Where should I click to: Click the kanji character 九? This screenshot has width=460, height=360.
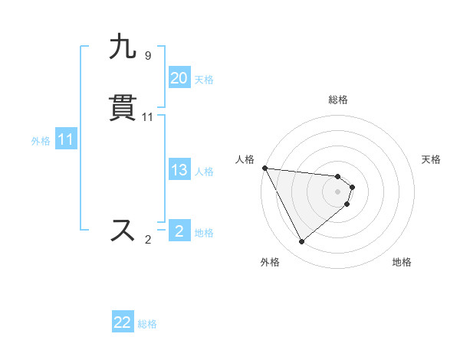coord(123,47)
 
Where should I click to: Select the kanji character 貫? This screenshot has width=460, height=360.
coord(123,108)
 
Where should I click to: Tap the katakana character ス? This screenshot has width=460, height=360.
coord(123,230)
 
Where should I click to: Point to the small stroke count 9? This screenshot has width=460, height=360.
coord(147,56)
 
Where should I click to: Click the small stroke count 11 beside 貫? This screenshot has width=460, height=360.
coord(148,117)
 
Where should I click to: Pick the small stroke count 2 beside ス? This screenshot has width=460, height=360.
coord(148,240)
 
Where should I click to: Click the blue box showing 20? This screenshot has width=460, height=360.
coord(179,78)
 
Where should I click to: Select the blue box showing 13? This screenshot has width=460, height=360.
coord(179,170)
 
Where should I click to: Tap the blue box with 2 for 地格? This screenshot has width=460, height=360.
coord(179,231)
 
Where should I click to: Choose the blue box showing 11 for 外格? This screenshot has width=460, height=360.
coord(66,140)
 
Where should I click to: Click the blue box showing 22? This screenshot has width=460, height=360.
coord(123,323)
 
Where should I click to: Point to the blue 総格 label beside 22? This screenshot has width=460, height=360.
coord(147,324)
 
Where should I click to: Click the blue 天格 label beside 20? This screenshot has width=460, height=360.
coord(204,79)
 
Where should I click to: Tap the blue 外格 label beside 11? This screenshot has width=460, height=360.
coord(41,141)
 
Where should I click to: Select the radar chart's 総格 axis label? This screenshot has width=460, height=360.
coord(338,100)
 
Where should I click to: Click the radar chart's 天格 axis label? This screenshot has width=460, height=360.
coord(432,159)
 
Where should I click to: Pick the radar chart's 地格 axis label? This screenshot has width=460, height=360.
coord(402,262)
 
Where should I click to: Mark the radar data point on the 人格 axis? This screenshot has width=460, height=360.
coord(264,168)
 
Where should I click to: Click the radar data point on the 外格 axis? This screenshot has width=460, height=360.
coord(301,242)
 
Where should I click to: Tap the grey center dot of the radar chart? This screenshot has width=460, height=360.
coord(338,191)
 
